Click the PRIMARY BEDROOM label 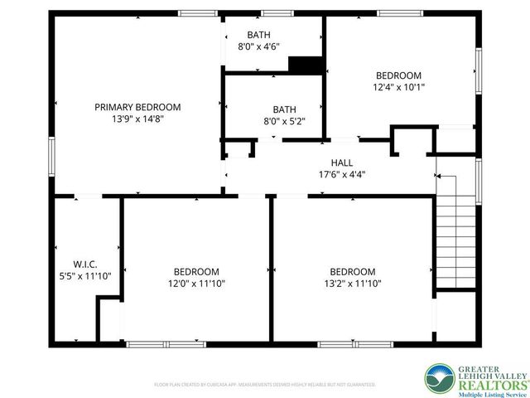137,107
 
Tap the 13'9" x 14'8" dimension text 137,119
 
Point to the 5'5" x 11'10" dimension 86,274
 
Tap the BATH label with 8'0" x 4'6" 258,35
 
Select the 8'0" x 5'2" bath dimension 284,121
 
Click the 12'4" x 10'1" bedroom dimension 399,86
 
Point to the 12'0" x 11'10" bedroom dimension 196,283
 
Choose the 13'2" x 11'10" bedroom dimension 353,283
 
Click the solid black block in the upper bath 304,65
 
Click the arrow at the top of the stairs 440,177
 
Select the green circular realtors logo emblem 440,378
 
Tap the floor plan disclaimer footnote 265,385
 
